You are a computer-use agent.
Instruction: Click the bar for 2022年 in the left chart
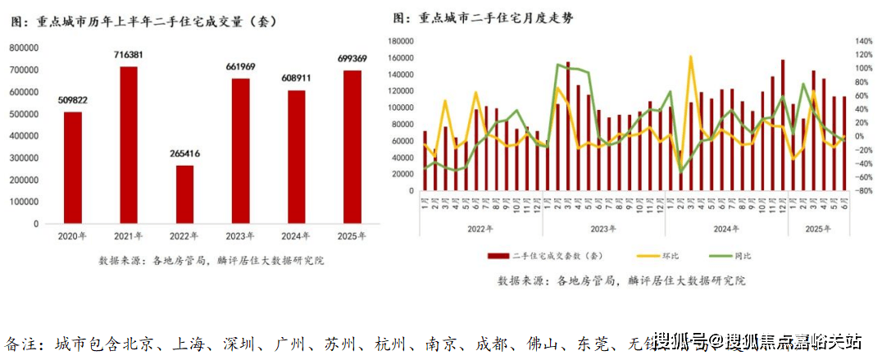pos(186,194)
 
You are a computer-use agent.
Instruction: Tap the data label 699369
pos(352,58)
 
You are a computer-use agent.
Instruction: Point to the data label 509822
pos(73,99)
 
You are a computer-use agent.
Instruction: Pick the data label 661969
pos(241,66)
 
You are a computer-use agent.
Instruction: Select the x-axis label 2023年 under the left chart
pos(241,236)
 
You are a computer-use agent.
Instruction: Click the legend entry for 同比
pos(743,255)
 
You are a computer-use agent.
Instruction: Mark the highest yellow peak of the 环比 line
pos(691,57)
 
